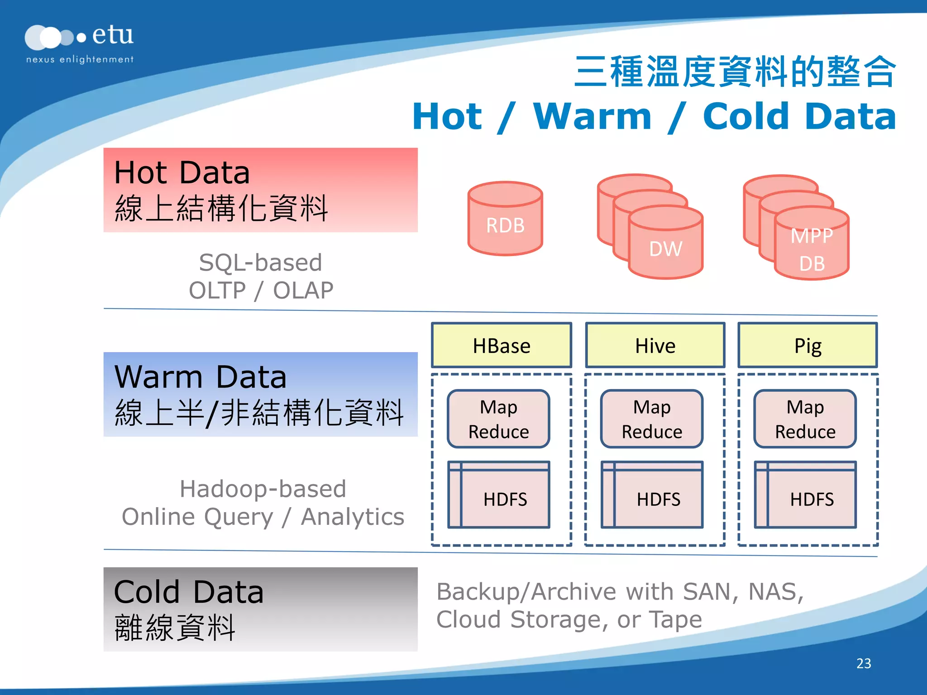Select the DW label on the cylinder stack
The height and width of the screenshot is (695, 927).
[665, 249]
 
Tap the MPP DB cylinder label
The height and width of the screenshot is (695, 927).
[812, 249]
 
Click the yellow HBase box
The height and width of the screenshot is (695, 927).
[502, 346]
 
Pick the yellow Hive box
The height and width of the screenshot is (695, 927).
[655, 346]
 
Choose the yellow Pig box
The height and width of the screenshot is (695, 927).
[808, 346]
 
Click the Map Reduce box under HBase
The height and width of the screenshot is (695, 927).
[498, 419]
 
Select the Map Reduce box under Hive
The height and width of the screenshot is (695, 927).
[652, 419]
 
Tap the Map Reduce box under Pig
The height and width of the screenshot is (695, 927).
[805, 419]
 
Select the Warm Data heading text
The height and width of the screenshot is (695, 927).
[201, 377]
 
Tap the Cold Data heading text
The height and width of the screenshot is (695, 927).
[189, 592]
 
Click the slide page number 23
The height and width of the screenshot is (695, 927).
[864, 663]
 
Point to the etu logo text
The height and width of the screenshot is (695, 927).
[113, 35]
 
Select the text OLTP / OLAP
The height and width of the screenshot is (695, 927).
[261, 290]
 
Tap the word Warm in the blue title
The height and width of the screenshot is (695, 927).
[593, 117]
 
